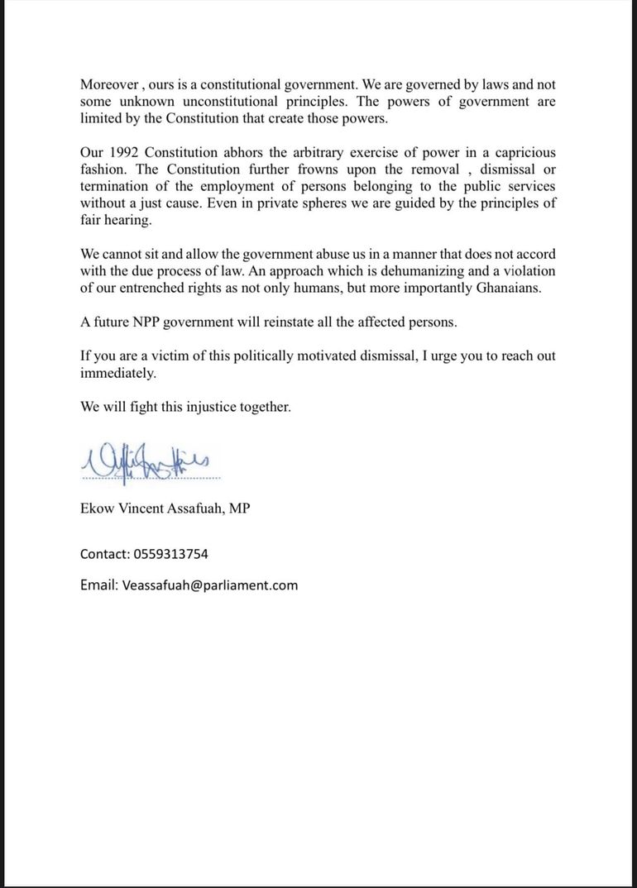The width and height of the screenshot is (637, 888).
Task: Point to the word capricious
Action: tap(521, 153)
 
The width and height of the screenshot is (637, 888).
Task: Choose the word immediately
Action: tap(117, 373)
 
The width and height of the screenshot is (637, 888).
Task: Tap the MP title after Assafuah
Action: tap(240, 508)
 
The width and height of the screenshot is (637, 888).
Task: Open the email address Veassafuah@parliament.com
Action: tap(210, 585)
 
